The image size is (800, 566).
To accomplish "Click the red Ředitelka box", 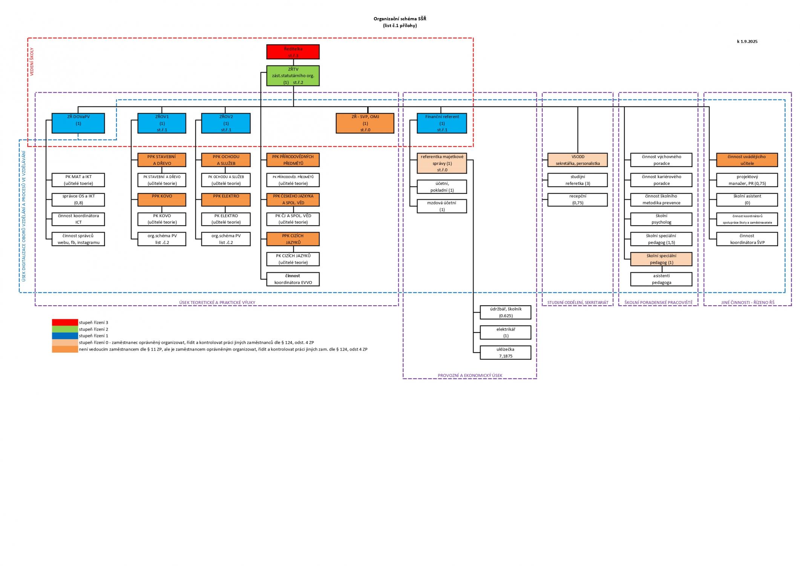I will (x=293, y=52).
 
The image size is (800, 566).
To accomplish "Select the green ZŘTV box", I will (x=293, y=75).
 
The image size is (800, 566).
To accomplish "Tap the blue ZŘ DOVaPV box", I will (x=78, y=123).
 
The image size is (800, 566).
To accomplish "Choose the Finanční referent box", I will (x=442, y=123).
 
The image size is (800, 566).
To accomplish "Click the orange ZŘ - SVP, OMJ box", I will (x=365, y=123).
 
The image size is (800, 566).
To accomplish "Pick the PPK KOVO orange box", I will (x=162, y=200).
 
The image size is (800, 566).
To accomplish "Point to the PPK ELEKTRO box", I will (x=226, y=200).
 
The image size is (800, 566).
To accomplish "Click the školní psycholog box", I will (x=661, y=219).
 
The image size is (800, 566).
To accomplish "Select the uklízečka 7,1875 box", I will (x=506, y=352).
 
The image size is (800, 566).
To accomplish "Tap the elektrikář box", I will (x=506, y=332).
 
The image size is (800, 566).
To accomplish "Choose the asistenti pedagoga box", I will (x=661, y=279).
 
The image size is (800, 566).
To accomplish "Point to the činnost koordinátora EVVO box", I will (x=293, y=279).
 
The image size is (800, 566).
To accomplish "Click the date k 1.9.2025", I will (x=747, y=42).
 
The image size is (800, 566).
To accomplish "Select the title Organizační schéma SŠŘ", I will (x=400, y=19).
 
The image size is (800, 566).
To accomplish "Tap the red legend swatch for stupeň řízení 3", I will (x=65, y=323).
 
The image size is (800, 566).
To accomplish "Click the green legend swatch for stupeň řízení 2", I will (x=65, y=329).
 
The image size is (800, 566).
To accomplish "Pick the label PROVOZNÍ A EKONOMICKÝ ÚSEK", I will (x=470, y=375).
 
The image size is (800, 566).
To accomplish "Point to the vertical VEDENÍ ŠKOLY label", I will (x=32, y=62).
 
